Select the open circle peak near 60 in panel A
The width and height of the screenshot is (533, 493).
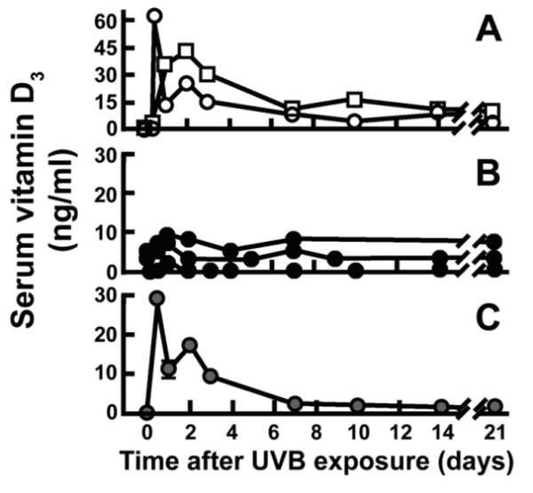point(155,17)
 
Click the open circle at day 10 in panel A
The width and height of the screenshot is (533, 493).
point(355,120)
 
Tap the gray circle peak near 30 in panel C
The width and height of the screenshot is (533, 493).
point(157,298)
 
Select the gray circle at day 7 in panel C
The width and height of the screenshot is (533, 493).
point(295,402)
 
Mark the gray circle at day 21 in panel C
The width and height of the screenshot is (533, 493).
point(496,406)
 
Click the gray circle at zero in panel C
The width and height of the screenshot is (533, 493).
point(147,412)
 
